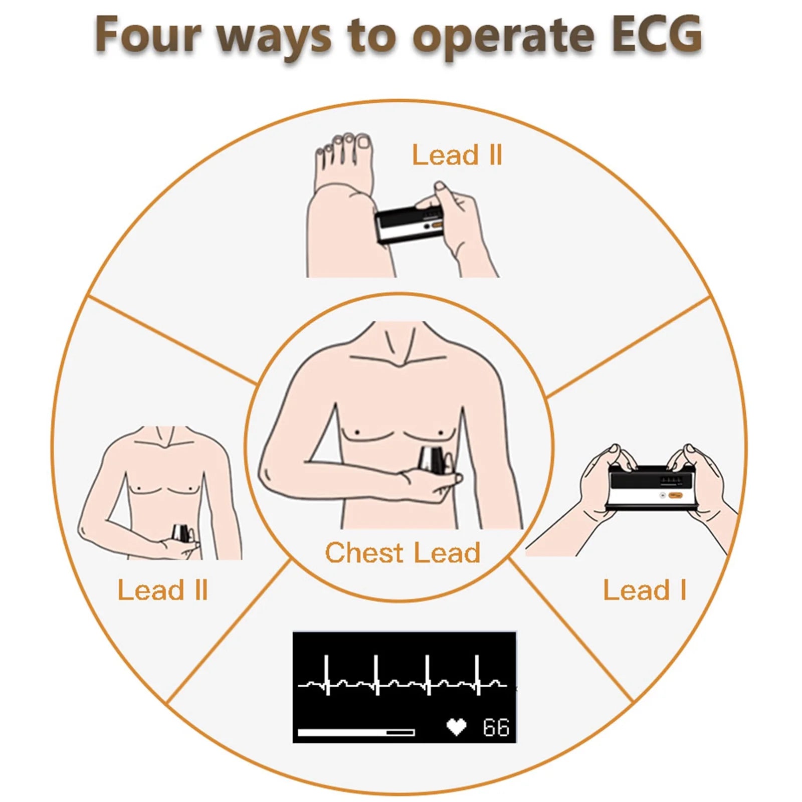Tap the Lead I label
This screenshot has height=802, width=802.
tap(644, 590)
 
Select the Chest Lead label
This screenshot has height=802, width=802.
tap(403, 553)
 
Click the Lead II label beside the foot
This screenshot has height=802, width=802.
tap(457, 155)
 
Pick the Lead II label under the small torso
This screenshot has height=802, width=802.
tap(162, 590)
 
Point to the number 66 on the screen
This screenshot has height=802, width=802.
tap(496, 727)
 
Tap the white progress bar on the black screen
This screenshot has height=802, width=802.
tap(356, 732)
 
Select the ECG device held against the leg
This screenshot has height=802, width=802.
tap(409, 225)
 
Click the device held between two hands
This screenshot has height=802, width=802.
tap(652, 486)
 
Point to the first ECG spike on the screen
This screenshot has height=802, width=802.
tap(327, 674)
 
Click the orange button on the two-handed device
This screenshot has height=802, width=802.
tap(676, 495)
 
